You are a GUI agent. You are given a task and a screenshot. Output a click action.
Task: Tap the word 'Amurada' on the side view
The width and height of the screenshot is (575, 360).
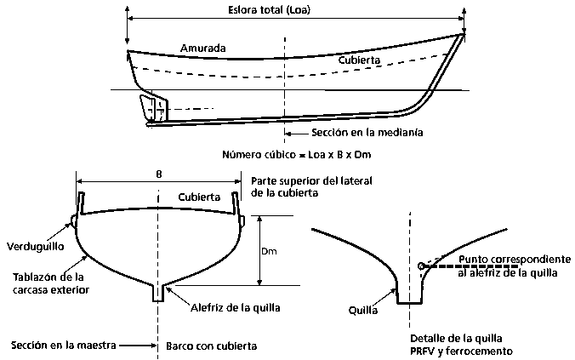pos(203,49)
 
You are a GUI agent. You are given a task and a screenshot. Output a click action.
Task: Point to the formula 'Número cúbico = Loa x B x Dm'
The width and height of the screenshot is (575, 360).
pos(296,155)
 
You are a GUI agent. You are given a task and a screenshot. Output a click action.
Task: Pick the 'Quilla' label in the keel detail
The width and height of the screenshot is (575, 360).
pos(364,311)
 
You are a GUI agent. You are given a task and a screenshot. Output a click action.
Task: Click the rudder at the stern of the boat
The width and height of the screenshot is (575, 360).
pos(156,107)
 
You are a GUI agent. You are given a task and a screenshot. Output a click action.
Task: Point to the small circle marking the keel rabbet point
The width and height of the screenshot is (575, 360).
pos(422,267)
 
